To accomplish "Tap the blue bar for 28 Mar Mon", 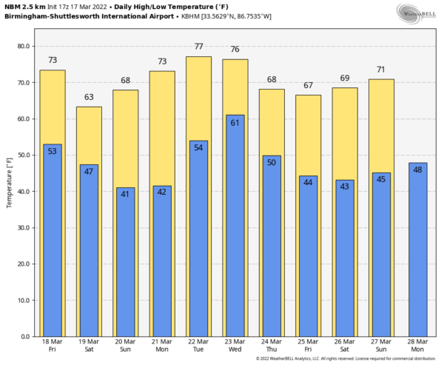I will pos(417,252).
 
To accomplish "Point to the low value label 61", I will pos(235,123).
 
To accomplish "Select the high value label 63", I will pos(89,97).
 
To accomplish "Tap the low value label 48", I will pos(417,170).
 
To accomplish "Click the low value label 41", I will pos(125,195).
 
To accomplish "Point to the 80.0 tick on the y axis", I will pos(23,46).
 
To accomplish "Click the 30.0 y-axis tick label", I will pos(23,227).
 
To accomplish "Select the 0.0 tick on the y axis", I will pos(25,336).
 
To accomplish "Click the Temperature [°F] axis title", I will pos(9,182).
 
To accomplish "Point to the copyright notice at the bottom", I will pos(347,359).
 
